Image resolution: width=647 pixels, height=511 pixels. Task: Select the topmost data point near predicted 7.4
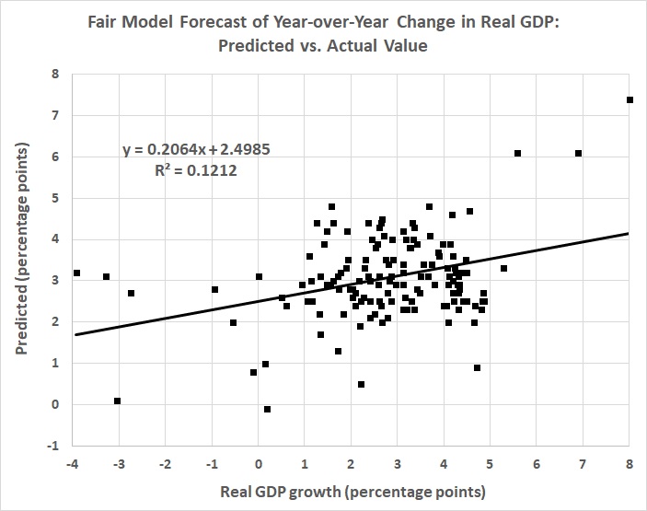[x=630, y=99]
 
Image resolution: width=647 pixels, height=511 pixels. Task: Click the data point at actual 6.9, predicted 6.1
[x=579, y=153]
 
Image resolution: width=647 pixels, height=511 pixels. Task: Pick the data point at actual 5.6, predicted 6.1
[x=518, y=153]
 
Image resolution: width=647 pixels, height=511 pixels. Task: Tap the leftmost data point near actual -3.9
[x=77, y=273]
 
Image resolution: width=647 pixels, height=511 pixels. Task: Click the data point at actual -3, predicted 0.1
[x=118, y=401]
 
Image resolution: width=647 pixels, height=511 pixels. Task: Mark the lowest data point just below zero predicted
[x=267, y=409]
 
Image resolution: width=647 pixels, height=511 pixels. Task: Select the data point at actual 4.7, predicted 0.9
[x=477, y=367]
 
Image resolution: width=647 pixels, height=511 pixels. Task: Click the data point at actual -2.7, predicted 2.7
[x=132, y=293]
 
